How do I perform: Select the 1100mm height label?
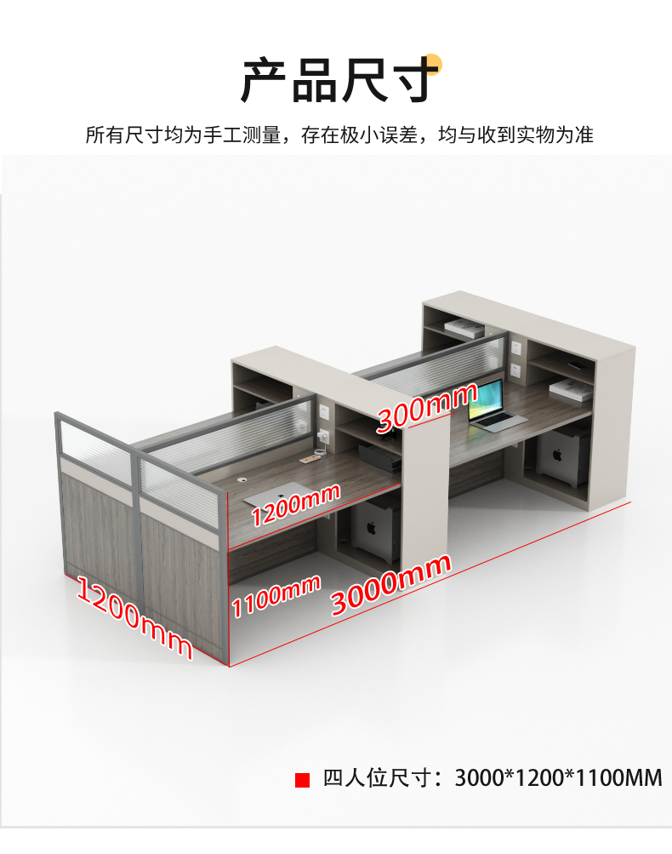[276, 595]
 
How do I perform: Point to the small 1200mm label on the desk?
[295, 502]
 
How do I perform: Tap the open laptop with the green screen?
[492, 406]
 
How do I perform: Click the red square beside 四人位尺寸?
[302, 780]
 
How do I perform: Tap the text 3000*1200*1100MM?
[558, 778]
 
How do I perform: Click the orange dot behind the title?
[432, 65]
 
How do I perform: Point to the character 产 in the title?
[265, 81]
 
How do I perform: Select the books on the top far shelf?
[464, 328]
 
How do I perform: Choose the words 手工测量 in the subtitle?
[242, 135]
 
